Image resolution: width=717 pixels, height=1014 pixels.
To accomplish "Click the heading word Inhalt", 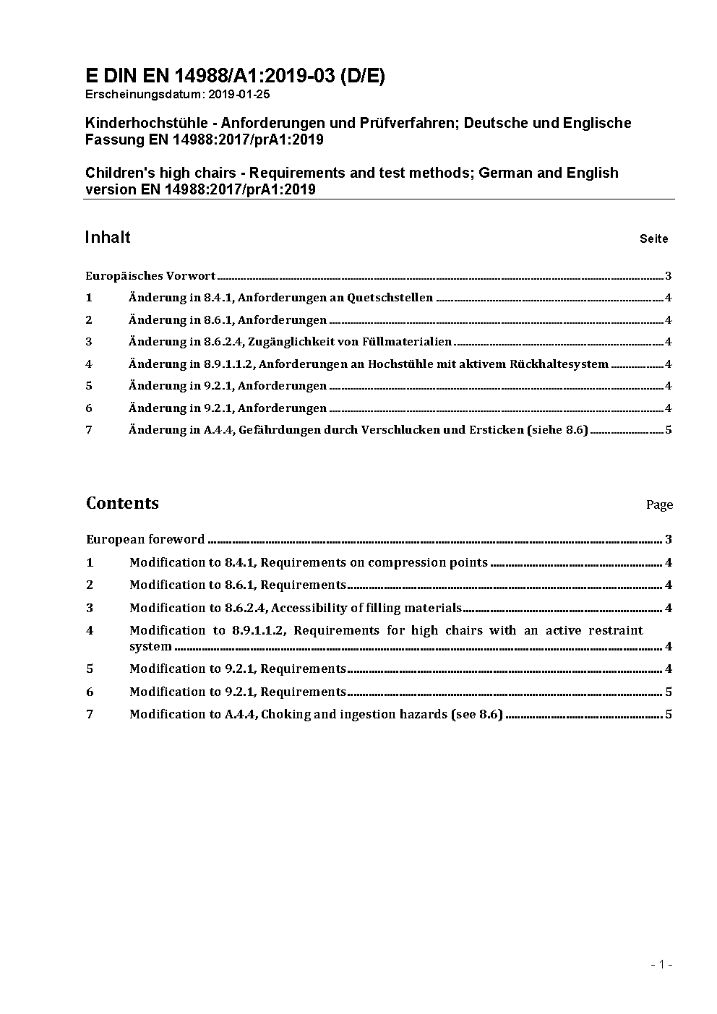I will pos(108,238).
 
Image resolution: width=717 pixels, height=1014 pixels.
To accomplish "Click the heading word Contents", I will pos(122,503).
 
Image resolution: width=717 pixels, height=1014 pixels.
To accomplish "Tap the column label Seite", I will pos(653,239).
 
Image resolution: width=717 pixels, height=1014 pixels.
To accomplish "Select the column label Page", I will pos(659,505).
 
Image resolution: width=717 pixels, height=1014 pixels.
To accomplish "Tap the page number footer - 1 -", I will pos(661,964).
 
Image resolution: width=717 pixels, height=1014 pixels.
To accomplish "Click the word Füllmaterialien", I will pos(410,342).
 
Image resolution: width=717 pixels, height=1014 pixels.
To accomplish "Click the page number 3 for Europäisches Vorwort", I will pos(669,276).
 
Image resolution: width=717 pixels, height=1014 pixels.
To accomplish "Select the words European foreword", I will pos(145,539).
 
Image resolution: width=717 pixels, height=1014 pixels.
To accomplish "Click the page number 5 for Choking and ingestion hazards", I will pos(669,715).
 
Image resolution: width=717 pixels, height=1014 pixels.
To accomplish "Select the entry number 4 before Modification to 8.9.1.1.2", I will pos(90,630).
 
